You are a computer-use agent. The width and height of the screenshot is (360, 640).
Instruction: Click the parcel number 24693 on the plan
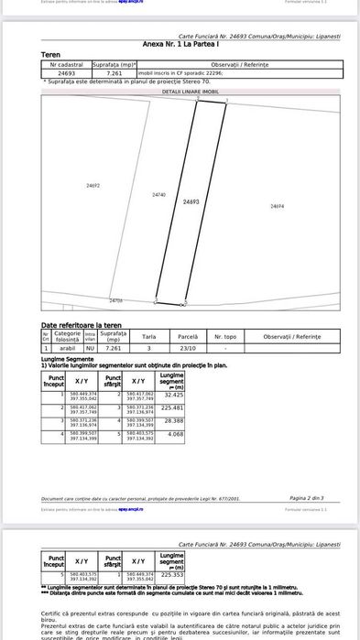(x=191, y=201)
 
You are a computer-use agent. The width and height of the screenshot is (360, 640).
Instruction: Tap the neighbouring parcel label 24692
(x=93, y=186)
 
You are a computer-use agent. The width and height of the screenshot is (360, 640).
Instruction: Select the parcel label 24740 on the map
(x=158, y=195)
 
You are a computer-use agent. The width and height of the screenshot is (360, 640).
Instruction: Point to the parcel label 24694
(x=277, y=207)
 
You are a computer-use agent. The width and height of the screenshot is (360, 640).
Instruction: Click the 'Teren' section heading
(x=51, y=55)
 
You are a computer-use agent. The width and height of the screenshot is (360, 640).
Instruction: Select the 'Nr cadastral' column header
(x=66, y=64)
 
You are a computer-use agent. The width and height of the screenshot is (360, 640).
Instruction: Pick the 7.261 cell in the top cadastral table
(x=115, y=72)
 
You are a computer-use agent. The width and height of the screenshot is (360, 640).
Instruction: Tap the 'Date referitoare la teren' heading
(x=81, y=326)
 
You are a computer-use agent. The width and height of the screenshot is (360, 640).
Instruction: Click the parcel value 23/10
(x=188, y=349)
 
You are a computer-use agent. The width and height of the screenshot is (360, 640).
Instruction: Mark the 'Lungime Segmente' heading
(x=66, y=359)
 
